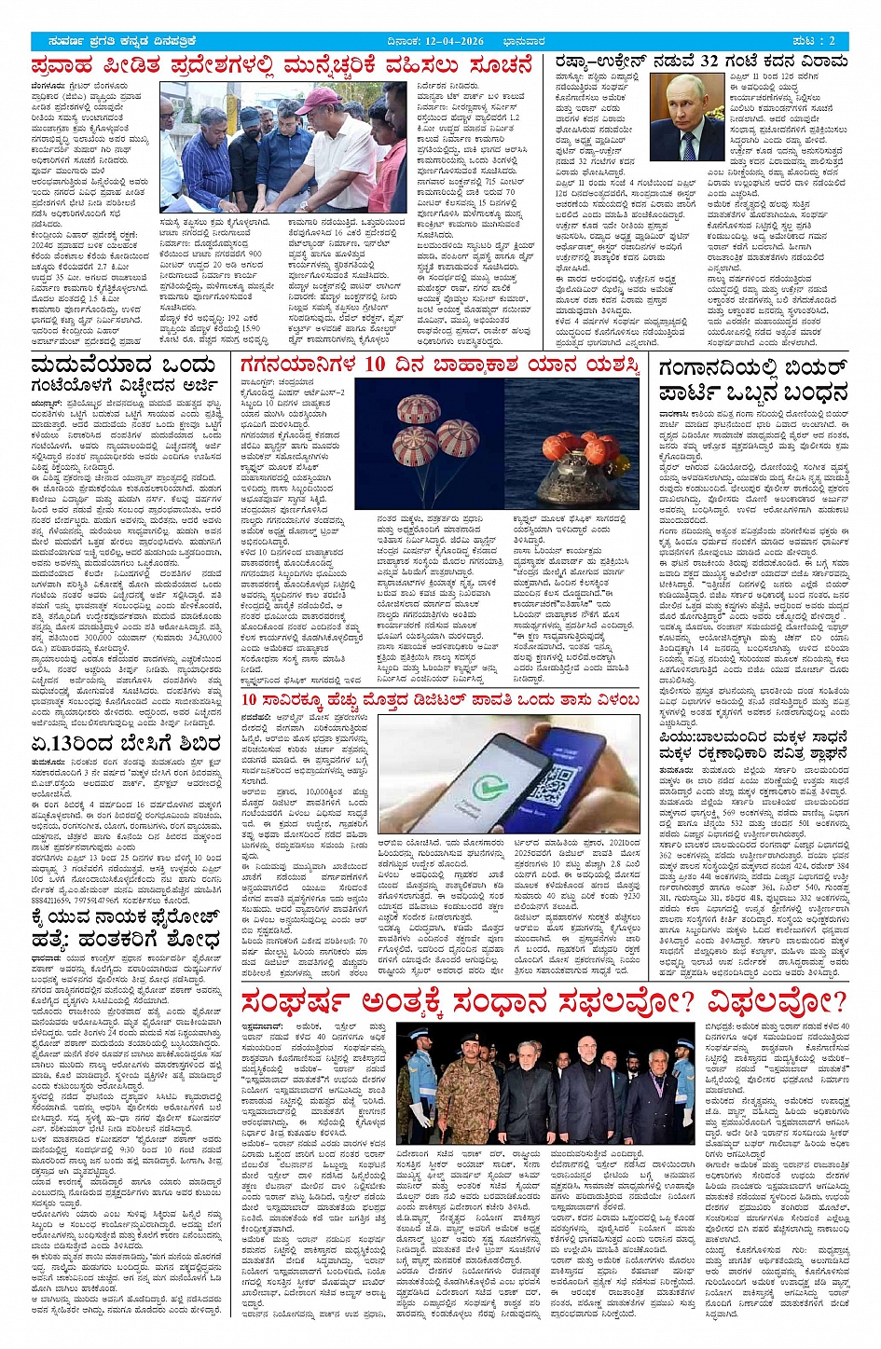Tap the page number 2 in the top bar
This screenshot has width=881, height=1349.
click(833, 41)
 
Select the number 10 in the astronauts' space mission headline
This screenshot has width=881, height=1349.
click(375, 365)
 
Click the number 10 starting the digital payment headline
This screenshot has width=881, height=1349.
click(250, 700)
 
